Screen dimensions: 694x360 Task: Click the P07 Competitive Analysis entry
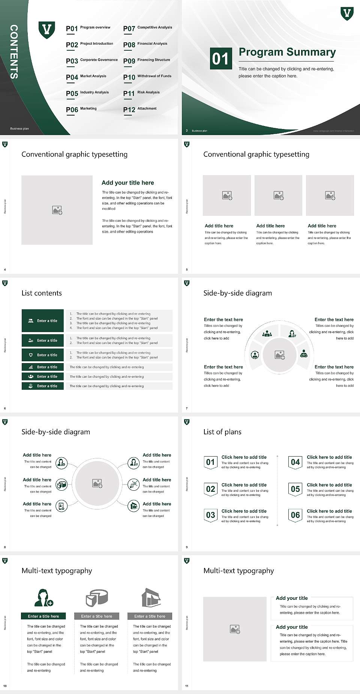click(147, 28)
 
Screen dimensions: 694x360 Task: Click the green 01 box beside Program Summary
click(220, 59)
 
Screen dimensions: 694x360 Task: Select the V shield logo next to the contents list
click(47, 30)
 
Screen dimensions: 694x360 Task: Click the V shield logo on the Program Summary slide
click(347, 14)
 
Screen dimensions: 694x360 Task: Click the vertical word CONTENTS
click(14, 52)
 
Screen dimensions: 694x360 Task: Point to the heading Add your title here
click(127, 183)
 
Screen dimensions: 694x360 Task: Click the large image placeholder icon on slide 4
click(57, 210)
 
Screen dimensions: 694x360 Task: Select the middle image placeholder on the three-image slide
click(278, 195)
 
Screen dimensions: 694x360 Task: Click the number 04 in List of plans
click(295, 462)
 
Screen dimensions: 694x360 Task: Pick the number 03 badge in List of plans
click(211, 515)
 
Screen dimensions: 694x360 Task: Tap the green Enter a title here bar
click(43, 616)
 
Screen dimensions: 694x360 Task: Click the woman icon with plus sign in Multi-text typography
click(43, 598)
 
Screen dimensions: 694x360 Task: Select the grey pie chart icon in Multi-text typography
click(97, 598)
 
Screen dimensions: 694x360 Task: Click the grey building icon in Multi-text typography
click(151, 598)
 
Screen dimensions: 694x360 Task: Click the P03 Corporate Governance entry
click(92, 60)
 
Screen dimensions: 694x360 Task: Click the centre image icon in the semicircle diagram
click(280, 355)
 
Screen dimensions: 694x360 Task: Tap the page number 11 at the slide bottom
click(187, 686)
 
